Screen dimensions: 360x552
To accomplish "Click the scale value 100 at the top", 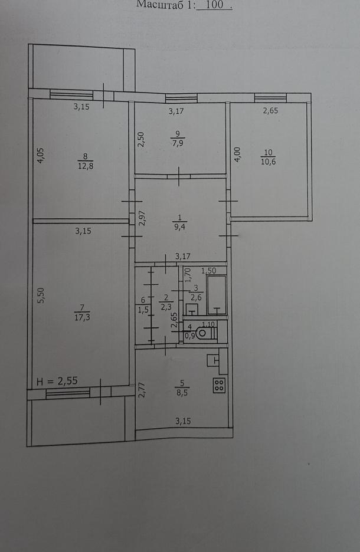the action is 214,5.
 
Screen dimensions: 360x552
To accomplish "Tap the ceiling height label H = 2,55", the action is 57,381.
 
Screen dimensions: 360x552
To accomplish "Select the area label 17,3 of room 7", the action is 82,317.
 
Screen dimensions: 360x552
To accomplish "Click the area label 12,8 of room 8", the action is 86,166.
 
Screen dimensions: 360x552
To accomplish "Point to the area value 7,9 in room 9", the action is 178,143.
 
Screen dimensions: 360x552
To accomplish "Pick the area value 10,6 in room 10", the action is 269,162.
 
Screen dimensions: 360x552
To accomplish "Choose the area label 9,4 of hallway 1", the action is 179,226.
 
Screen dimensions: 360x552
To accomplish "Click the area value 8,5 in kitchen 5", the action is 182,392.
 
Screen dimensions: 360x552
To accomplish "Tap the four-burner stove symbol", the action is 219,385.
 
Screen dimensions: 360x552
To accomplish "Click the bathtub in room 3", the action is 216,295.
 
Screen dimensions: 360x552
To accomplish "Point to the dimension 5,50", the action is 41,295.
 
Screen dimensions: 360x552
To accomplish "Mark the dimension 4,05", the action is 41,155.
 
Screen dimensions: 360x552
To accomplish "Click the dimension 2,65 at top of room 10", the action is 270,110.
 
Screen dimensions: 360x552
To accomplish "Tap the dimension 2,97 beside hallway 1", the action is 142,218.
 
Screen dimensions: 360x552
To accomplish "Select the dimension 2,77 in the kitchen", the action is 142,390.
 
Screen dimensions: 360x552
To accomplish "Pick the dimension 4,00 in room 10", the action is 237,155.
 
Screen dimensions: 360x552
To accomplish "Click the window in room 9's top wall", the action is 181,98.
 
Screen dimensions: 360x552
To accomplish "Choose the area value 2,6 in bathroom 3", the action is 196,297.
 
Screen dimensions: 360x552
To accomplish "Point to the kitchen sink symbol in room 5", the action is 213,360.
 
